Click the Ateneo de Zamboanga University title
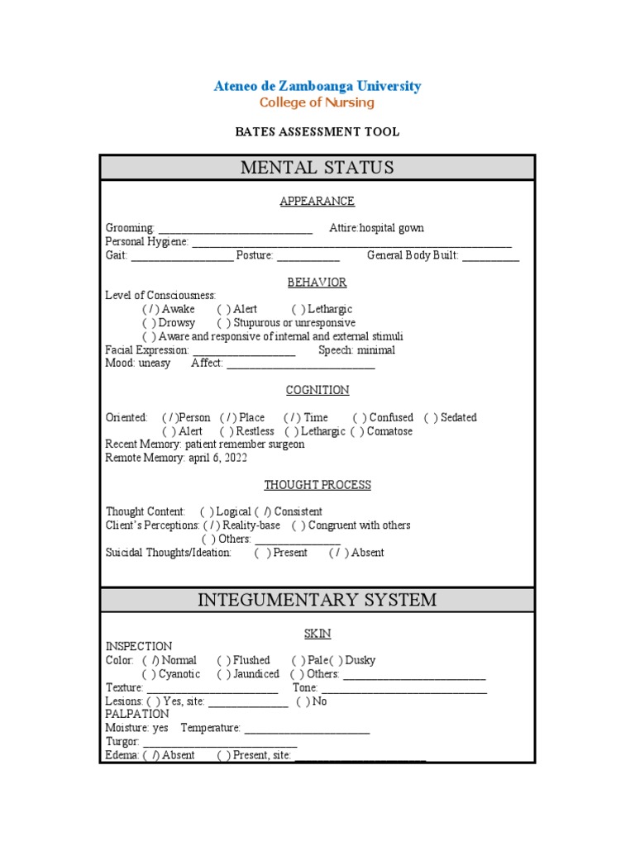pyautogui.click(x=317, y=86)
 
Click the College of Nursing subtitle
pyautogui.click(x=317, y=103)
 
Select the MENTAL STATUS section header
pyautogui.click(x=317, y=168)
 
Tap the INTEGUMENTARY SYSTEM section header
pyautogui.click(x=317, y=600)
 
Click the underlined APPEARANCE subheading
pyautogui.click(x=317, y=201)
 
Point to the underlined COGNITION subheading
pyautogui.click(x=317, y=390)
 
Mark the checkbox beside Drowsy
pyautogui.click(x=150, y=323)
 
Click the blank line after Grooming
pyautogui.click(x=235, y=229)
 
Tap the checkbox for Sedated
pyautogui.click(x=432, y=418)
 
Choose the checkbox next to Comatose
pyautogui.click(x=358, y=431)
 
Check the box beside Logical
pyautogui.click(x=208, y=512)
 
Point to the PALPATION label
pyautogui.click(x=137, y=714)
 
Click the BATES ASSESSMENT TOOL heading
pyautogui.click(x=317, y=131)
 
